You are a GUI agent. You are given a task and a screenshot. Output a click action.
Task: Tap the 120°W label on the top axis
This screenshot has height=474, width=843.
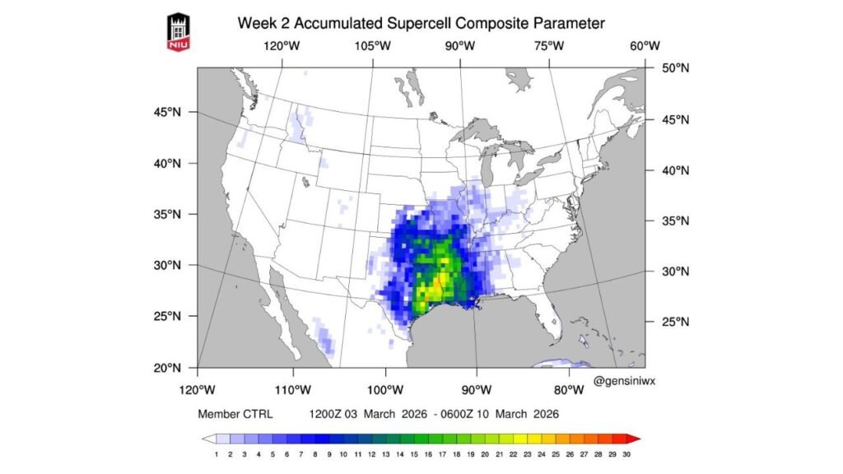[282, 47]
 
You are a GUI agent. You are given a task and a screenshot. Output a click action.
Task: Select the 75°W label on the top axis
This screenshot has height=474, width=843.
[549, 47]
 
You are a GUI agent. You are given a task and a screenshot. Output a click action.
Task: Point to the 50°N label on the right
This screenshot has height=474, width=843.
[675, 68]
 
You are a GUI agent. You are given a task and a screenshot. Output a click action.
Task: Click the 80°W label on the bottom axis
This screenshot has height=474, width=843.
[568, 388]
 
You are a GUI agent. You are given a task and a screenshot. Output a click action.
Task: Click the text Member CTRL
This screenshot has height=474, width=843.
[235, 414]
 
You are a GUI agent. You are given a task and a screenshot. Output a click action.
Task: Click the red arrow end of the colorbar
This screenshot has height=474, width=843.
[633, 439]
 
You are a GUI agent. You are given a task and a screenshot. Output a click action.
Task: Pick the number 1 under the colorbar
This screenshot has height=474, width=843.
[216, 454]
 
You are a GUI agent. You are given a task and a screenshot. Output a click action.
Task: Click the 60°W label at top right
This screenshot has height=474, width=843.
[645, 47]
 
